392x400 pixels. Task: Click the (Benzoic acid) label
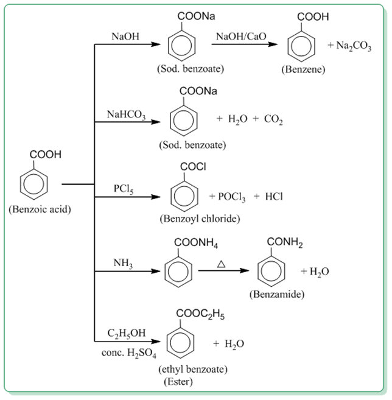point(40,211)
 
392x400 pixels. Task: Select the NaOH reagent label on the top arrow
point(125,37)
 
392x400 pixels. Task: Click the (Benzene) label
point(303,69)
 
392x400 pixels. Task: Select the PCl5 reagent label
point(123,189)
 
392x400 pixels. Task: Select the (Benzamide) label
point(277,294)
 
